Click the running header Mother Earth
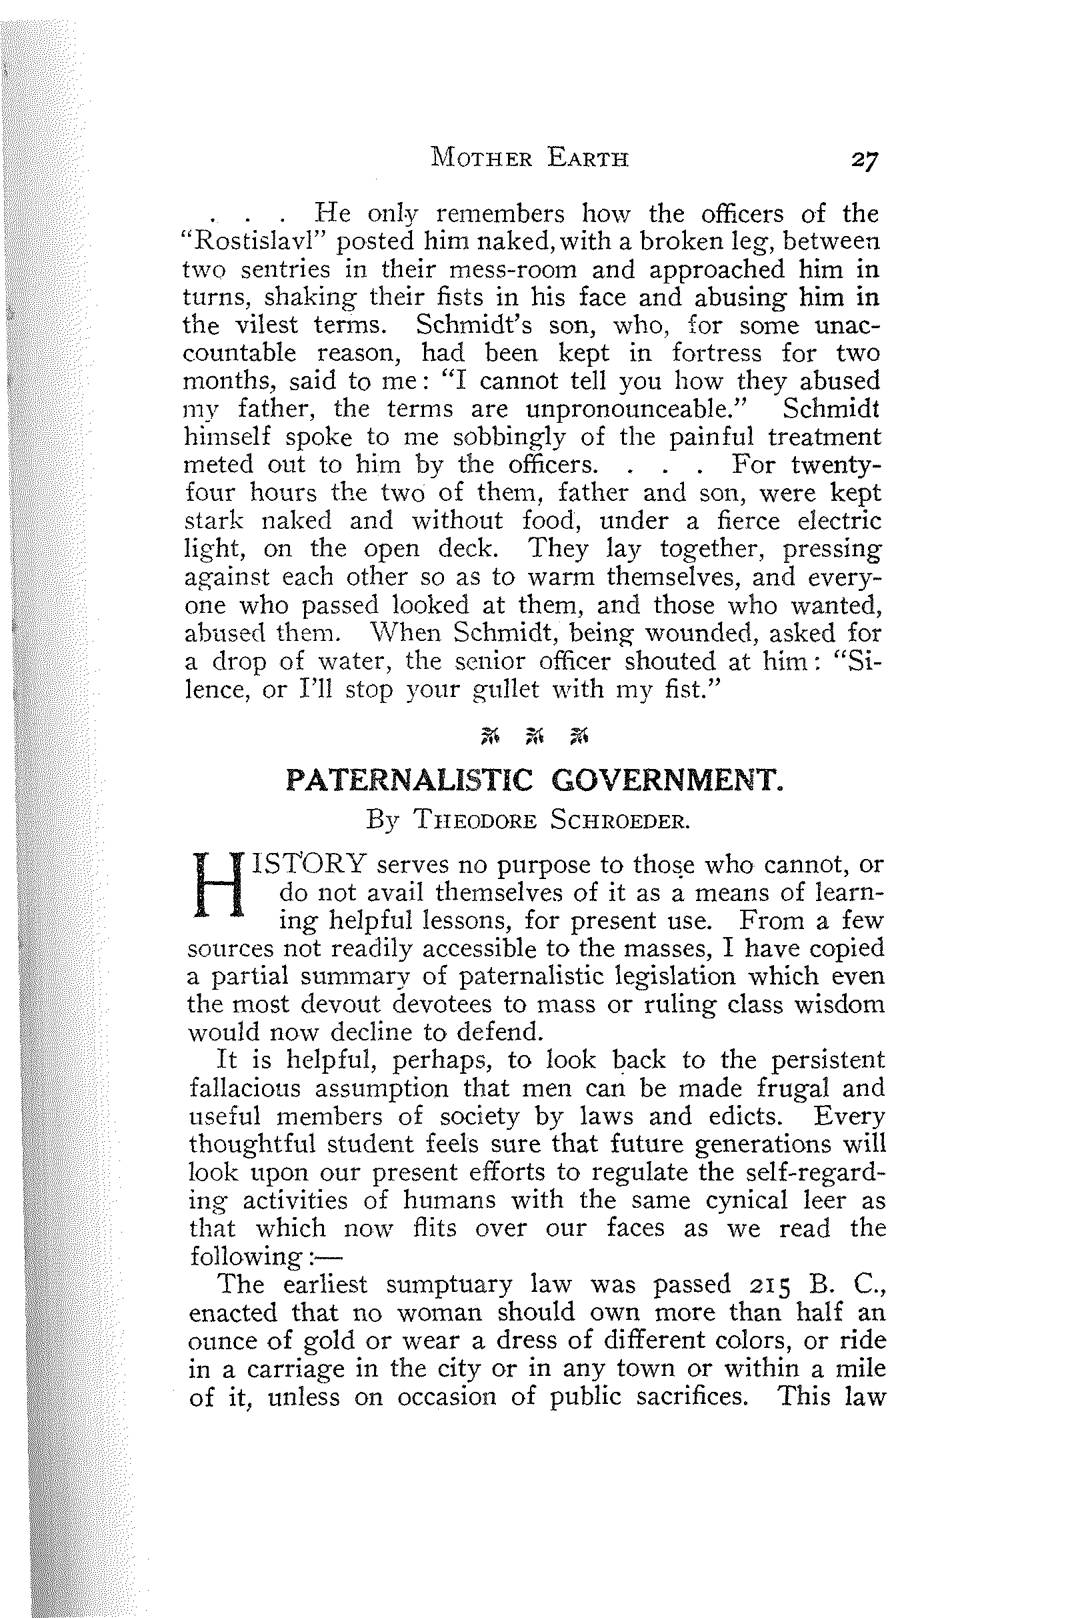(530, 159)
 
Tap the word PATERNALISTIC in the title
(409, 780)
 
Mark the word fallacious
(244, 1088)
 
